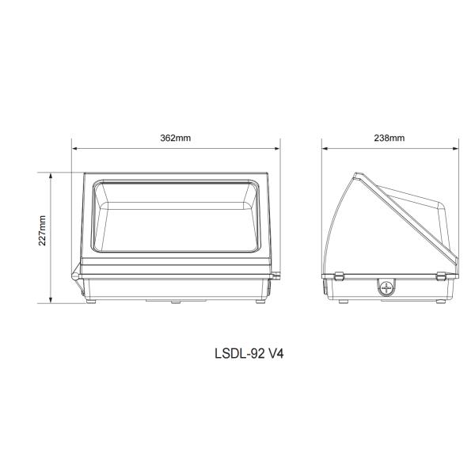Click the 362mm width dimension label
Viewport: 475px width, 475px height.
[x=175, y=137]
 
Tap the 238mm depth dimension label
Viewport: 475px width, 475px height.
[x=389, y=137]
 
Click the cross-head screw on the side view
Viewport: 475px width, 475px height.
[x=387, y=287]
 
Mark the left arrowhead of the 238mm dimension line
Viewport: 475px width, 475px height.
[x=325, y=148]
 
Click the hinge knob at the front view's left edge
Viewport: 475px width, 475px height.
[x=75, y=273]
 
